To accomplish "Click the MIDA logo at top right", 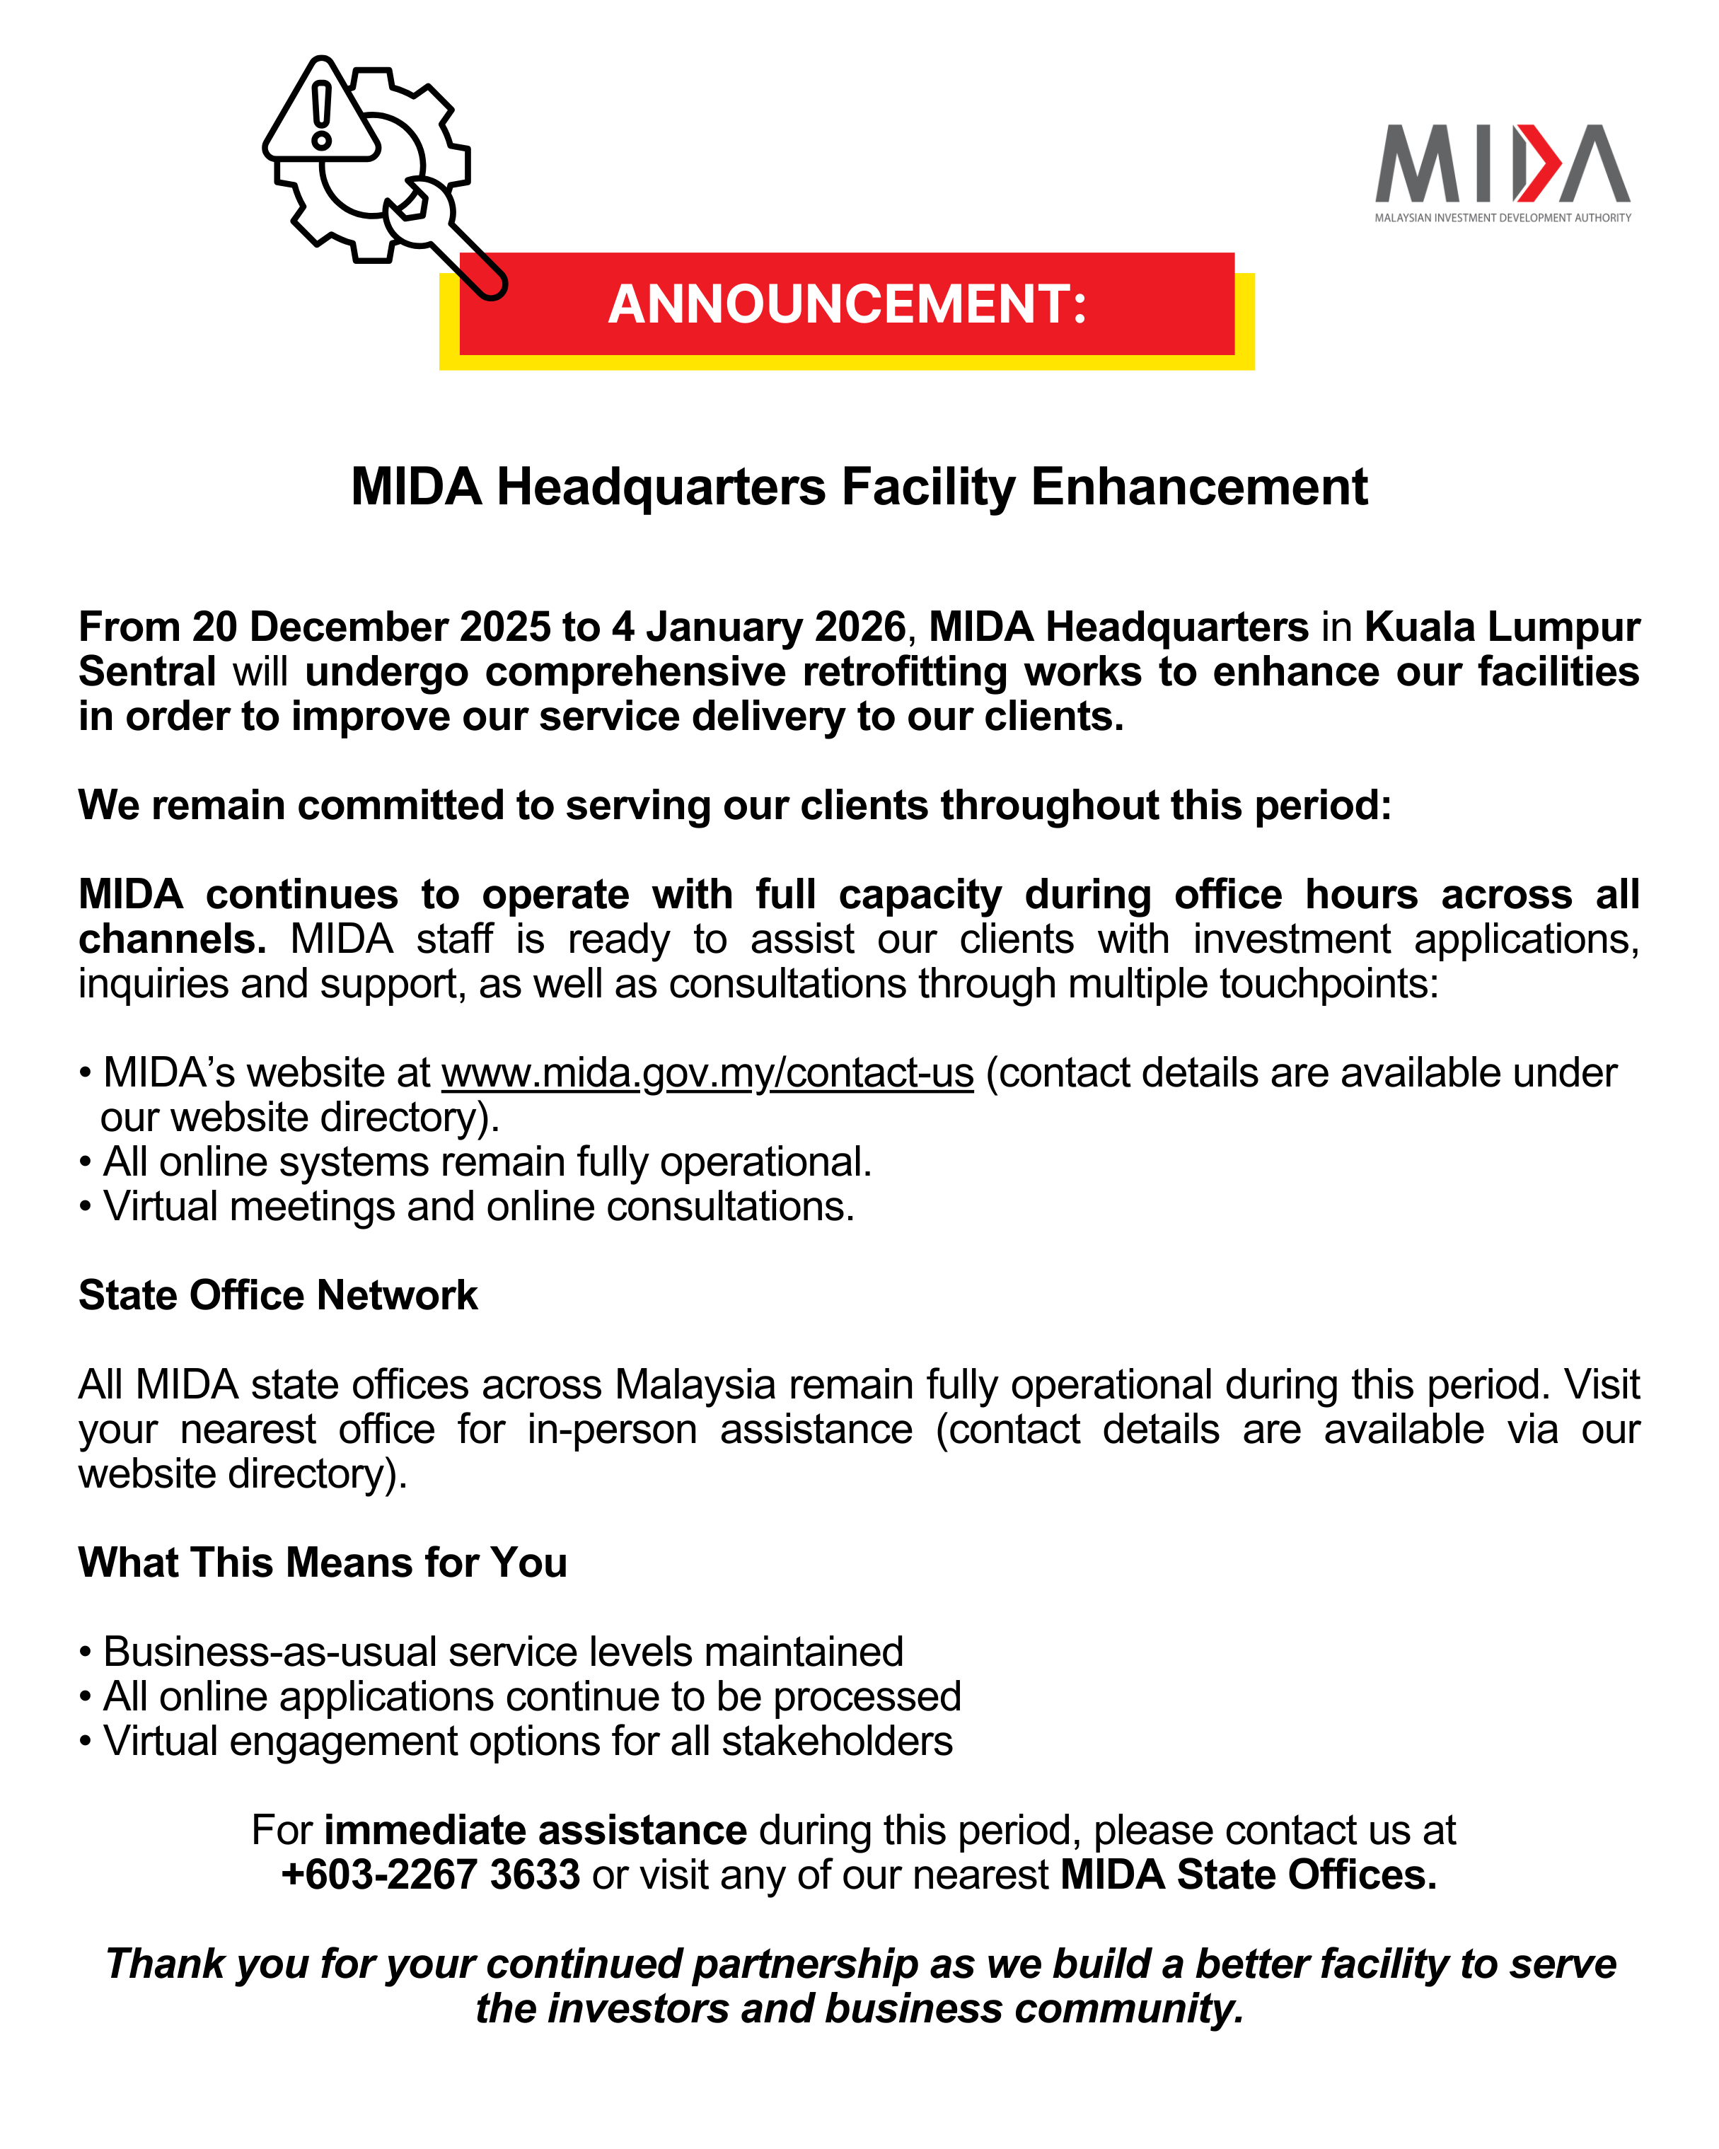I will (1502, 170).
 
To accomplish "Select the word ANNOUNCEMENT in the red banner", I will (846, 304).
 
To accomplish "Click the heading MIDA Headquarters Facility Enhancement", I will (859, 487).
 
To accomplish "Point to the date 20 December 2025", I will (371, 627).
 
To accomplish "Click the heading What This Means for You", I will (323, 1563).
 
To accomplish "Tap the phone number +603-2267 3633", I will (431, 1875).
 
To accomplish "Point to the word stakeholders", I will (837, 1742).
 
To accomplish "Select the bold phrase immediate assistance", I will (535, 1831).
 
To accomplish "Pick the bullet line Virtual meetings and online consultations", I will (478, 1207).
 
